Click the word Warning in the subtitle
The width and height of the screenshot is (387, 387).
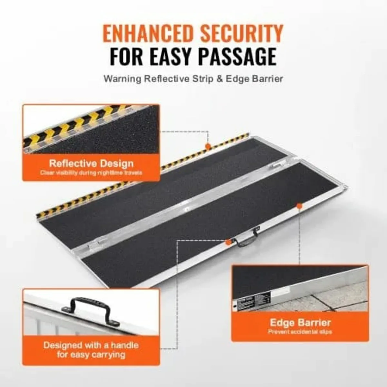[122, 79]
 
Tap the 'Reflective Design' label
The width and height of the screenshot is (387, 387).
[91, 163]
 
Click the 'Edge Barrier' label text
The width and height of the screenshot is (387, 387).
[300, 322]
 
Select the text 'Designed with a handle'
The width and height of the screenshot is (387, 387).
[91, 345]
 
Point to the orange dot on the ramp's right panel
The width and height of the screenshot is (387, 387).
[299, 205]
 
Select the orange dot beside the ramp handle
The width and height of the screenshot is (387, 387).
[229, 242]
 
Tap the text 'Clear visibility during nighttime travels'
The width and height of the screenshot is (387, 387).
[91, 173]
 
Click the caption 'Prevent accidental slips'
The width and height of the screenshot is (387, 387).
[300, 332]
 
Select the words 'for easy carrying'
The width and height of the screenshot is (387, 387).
[91, 355]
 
